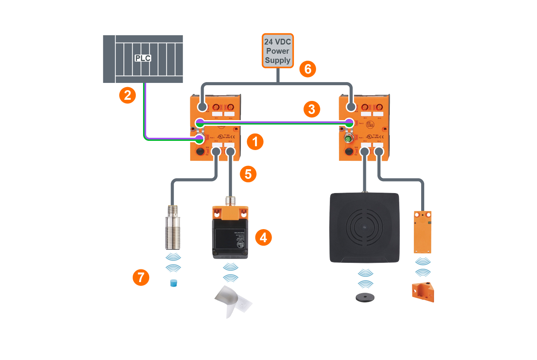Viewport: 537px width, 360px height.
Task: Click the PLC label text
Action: pyautogui.click(x=143, y=58)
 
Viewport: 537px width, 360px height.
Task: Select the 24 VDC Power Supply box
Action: pyautogui.click(x=278, y=51)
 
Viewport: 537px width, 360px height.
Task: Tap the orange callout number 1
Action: pyautogui.click(x=255, y=142)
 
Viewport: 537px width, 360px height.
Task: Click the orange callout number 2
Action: pyautogui.click(x=128, y=95)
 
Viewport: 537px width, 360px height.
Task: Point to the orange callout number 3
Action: pyautogui.click(x=312, y=109)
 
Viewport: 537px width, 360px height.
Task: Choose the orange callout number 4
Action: pyautogui.click(x=264, y=238)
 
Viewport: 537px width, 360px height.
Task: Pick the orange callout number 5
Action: pyautogui.click(x=248, y=174)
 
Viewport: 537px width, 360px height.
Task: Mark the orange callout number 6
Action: pyautogui.click(x=308, y=69)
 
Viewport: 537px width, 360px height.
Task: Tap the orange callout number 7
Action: pyautogui.click(x=141, y=277)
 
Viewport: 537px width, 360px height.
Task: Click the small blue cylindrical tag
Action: pyautogui.click(x=174, y=283)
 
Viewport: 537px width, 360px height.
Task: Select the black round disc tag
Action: pyautogui.click(x=365, y=297)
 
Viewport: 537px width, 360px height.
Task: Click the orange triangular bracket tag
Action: pyautogui.click(x=423, y=292)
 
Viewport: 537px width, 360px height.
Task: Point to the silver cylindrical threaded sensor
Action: pyautogui.click(x=173, y=229)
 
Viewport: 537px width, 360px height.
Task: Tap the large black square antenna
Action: pyautogui.click(x=364, y=228)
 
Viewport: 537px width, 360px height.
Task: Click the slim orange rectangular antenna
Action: pyautogui.click(x=422, y=232)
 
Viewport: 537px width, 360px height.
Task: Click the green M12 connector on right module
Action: pyautogui.click(x=348, y=139)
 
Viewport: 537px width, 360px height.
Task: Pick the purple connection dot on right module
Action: pyautogui.click(x=349, y=123)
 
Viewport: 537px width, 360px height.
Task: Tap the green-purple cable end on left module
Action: pyautogui.click(x=199, y=139)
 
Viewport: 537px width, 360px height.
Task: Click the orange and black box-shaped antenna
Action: pyautogui.click(x=230, y=233)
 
